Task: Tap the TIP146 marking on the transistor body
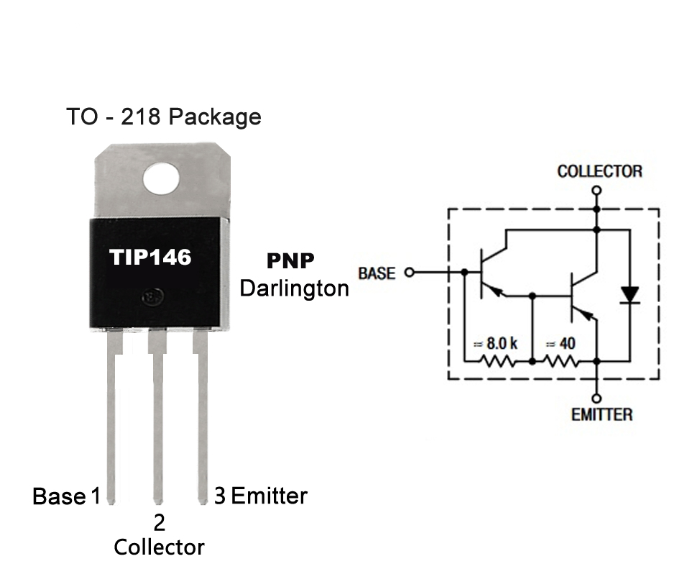click(x=150, y=257)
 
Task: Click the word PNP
click(x=290, y=260)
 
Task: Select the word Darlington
click(x=295, y=288)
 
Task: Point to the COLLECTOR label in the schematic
click(x=599, y=171)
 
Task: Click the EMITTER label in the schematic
click(x=602, y=415)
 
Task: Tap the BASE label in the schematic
click(x=376, y=273)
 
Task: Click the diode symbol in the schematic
click(x=630, y=295)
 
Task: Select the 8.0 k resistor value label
click(x=495, y=343)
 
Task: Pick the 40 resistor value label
click(x=561, y=343)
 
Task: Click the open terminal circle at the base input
click(x=410, y=273)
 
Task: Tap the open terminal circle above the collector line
click(x=597, y=190)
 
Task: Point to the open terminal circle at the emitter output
click(x=597, y=399)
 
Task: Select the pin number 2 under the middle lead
click(x=160, y=523)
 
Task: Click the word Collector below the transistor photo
click(x=160, y=547)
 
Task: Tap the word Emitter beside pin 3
click(x=269, y=496)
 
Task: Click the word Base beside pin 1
click(x=59, y=496)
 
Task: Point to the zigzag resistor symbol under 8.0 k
click(x=497, y=362)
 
